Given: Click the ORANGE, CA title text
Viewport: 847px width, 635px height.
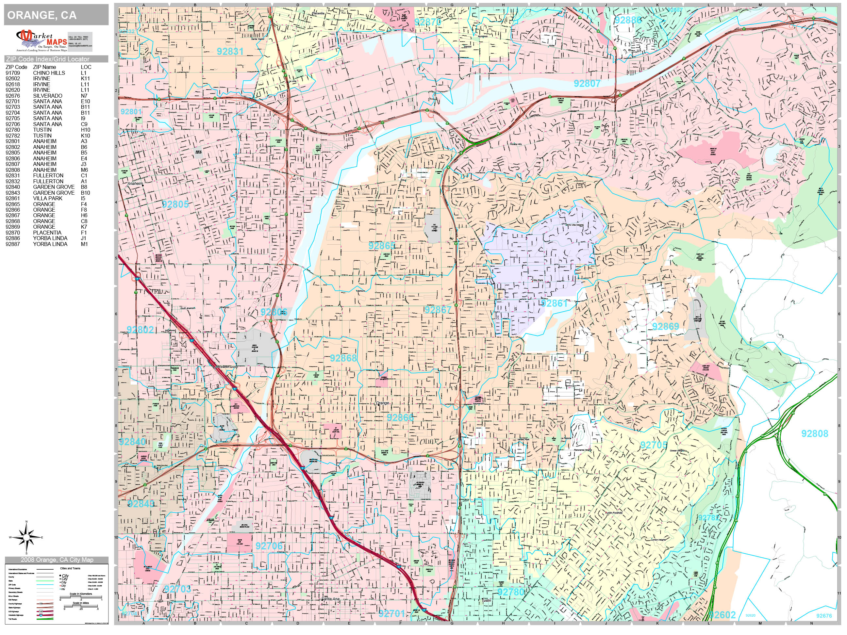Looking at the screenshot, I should coord(42,15).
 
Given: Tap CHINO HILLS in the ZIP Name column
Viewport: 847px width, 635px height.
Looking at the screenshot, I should coord(49,73).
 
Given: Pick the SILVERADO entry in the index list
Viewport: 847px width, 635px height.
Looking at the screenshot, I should coord(47,96).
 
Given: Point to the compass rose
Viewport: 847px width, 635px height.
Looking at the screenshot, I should coord(26,537).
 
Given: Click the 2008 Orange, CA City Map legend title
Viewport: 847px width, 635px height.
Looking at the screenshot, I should coord(57,560).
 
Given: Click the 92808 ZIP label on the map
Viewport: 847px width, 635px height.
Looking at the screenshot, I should coord(814,434).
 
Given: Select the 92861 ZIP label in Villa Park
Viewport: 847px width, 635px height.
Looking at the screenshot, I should coord(554,303).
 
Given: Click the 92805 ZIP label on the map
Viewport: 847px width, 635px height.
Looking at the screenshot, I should coord(175,204).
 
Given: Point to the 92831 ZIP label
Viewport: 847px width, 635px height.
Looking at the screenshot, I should coord(230,51).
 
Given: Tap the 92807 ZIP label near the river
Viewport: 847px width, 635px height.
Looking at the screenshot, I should coord(587,83).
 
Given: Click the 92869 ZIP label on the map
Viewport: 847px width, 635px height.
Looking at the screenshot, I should coord(666,327).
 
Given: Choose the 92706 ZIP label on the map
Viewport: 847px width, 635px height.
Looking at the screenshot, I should coord(269,546).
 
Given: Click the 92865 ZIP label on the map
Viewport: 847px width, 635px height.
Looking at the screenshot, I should coord(381,246).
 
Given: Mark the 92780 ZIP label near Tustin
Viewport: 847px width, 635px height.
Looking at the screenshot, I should coord(511,592).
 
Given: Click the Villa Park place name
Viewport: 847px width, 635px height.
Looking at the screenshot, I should coord(537,281).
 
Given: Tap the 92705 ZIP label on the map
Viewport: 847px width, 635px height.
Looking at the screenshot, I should coord(654,445).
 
